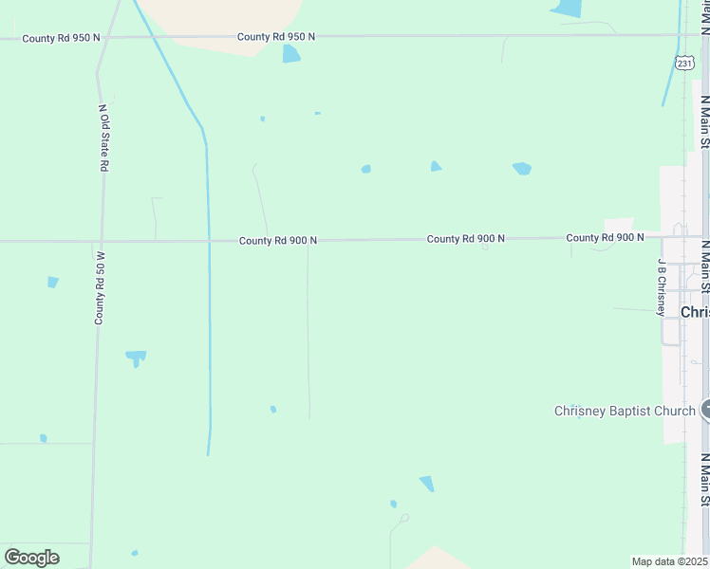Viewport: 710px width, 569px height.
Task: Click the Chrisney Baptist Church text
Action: pyautogui.click(x=625, y=411)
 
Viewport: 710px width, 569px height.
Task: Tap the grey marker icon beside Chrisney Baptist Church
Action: pyautogui.click(x=706, y=410)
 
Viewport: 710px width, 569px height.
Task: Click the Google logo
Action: pyautogui.click(x=31, y=558)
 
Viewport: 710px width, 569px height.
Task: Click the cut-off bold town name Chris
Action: pyautogui.click(x=695, y=312)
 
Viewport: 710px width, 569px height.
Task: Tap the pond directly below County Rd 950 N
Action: pyautogui.click(x=290, y=54)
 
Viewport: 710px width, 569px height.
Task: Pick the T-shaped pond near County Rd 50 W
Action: pyautogui.click(x=136, y=358)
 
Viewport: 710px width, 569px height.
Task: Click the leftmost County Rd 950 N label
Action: pyautogui.click(x=61, y=37)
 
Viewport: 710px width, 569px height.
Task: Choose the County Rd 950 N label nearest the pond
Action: pyautogui.click(x=276, y=37)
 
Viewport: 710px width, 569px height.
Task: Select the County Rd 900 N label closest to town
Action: pyautogui.click(x=605, y=237)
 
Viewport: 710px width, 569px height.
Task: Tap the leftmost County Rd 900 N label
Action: pyautogui.click(x=277, y=241)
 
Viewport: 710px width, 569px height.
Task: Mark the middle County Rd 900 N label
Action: pyautogui.click(x=465, y=239)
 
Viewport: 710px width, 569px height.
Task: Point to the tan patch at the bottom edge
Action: pyautogui.click(x=435, y=559)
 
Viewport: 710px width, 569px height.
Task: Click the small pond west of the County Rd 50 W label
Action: pyautogui.click(x=53, y=282)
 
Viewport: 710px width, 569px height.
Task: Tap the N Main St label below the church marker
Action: pyautogui.click(x=704, y=482)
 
